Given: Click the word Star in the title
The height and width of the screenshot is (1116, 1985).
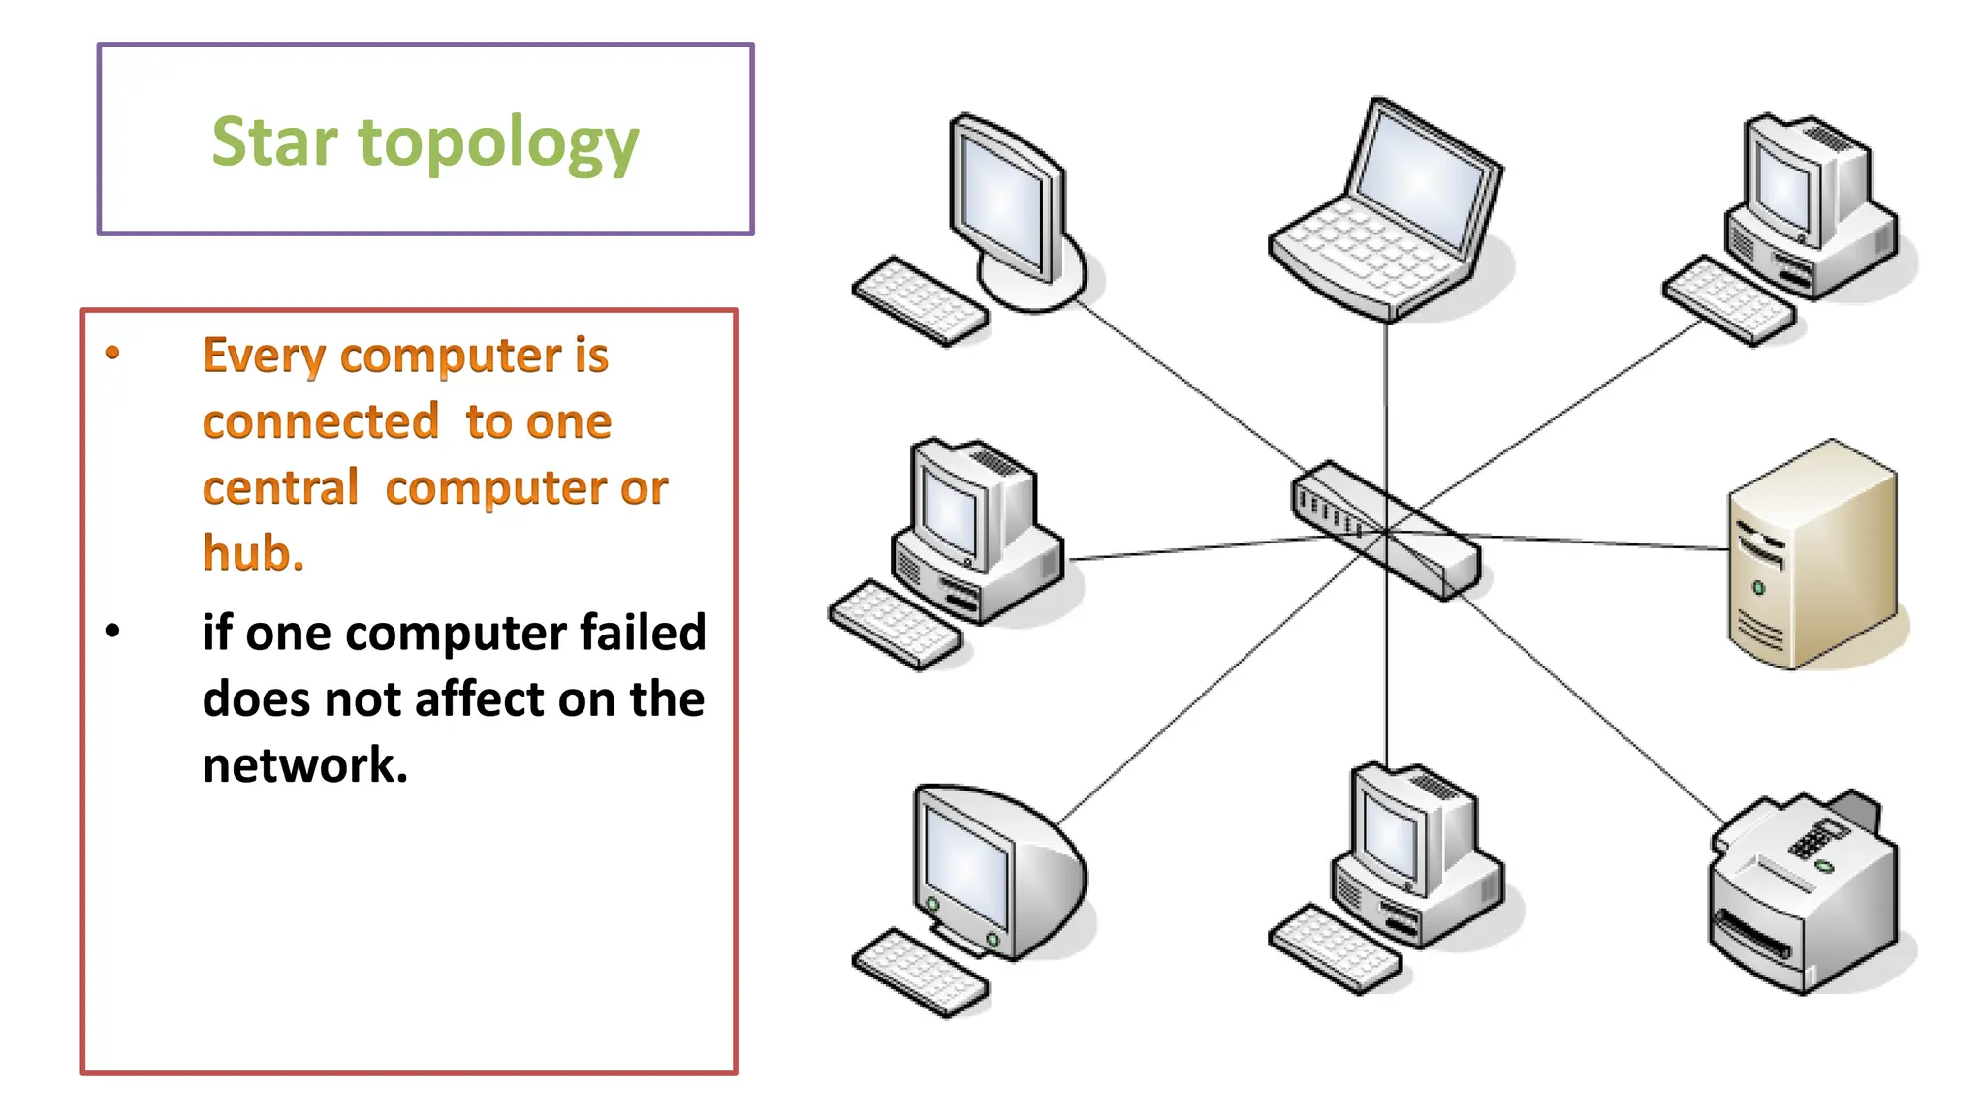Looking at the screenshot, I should (274, 141).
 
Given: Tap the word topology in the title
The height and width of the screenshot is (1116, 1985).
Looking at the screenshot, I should (499, 143).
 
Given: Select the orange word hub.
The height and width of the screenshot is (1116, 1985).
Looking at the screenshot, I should (253, 553).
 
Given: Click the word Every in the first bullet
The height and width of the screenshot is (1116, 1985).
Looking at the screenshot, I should (264, 356).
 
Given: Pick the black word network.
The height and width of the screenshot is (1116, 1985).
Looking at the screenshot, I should (304, 765).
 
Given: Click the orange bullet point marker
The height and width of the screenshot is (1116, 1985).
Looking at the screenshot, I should (113, 353).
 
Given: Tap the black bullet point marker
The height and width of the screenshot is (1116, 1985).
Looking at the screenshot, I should (113, 632).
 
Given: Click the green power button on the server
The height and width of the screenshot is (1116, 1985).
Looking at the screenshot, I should (1758, 588).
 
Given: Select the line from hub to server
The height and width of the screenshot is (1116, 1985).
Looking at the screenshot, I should (1599, 542).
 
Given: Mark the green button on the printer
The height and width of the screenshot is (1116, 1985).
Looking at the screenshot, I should (1825, 866).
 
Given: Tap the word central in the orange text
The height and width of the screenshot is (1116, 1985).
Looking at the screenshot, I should (281, 487).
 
